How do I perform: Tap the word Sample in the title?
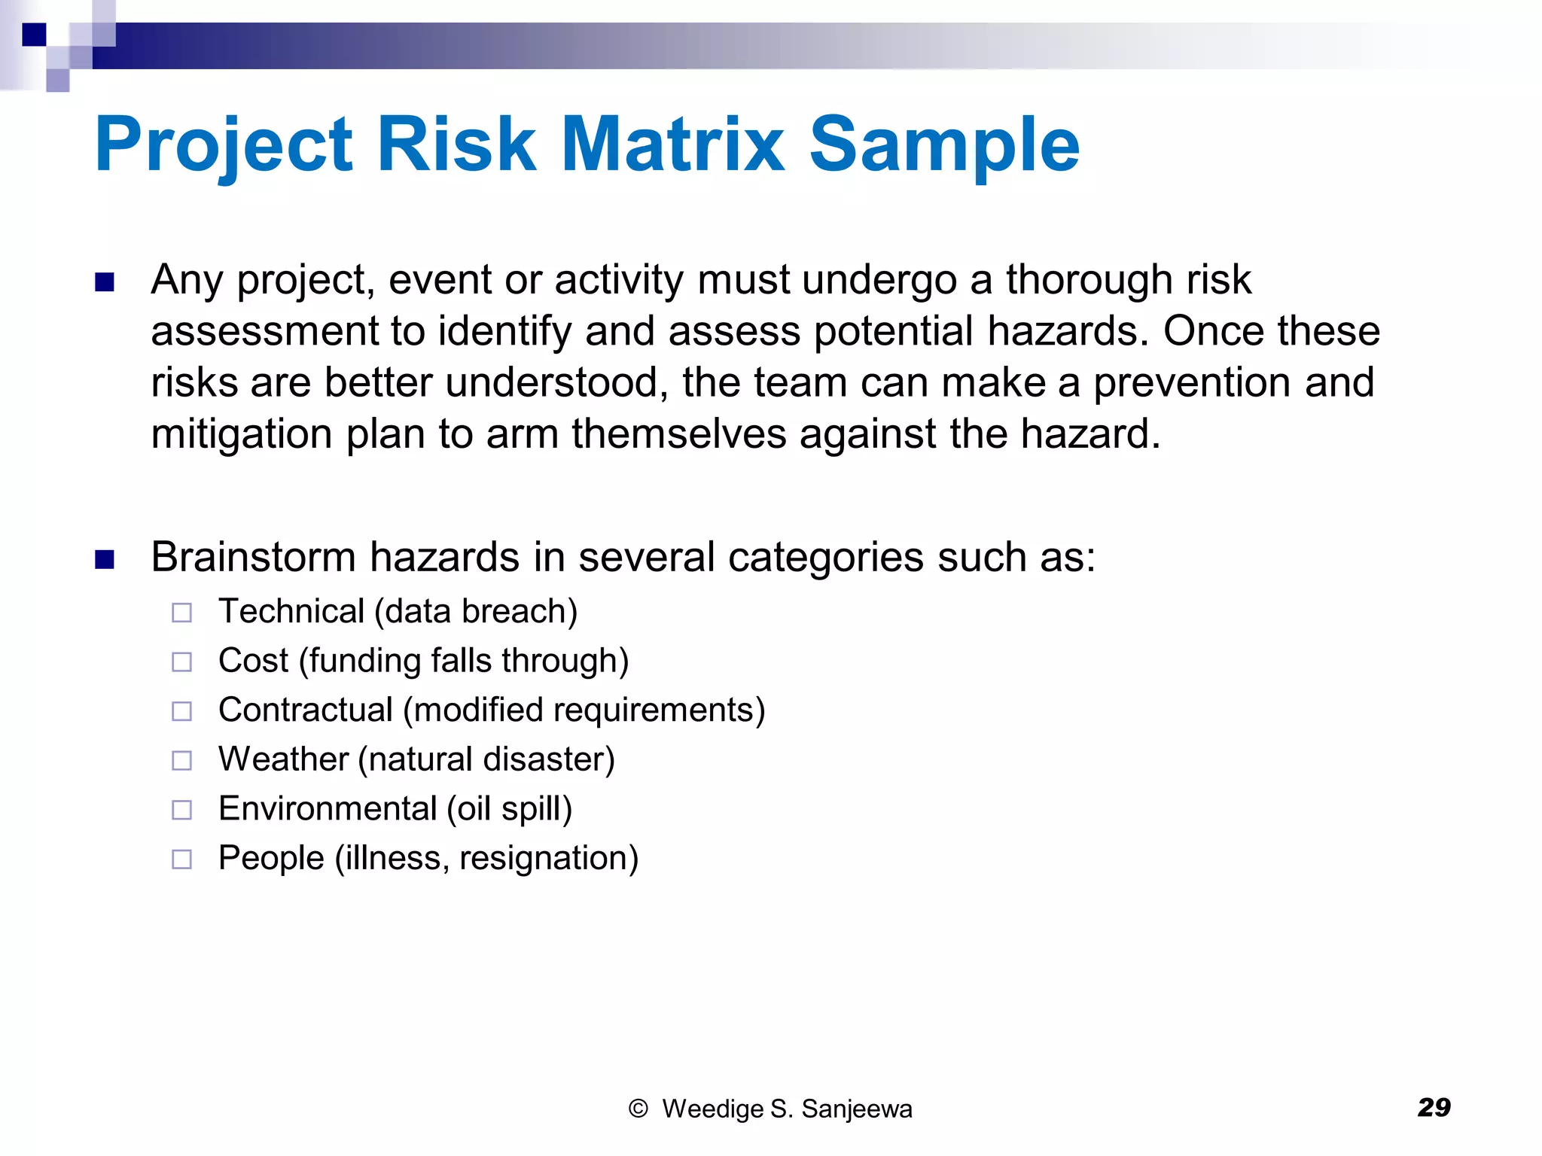944,144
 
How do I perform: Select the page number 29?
1434,1107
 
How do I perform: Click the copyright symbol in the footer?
638,1109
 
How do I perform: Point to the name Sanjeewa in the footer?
856,1109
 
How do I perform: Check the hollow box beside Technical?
181,613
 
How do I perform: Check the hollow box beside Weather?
181,760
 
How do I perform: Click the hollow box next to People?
181,859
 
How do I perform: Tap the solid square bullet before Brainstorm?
105,559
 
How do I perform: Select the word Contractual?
306,710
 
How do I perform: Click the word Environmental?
328,808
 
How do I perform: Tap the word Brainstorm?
253,557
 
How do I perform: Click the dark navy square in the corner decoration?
34,35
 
